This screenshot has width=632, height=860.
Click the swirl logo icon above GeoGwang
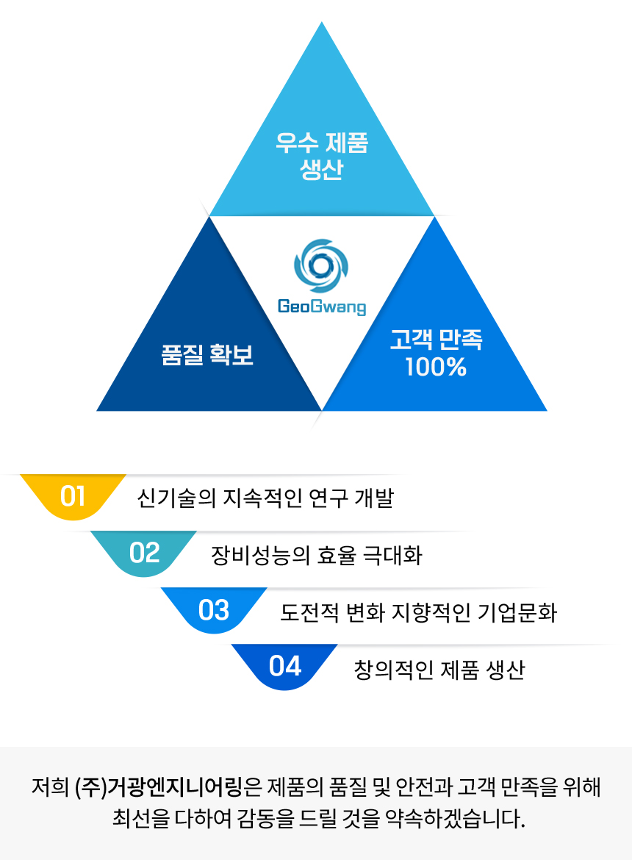click(x=321, y=265)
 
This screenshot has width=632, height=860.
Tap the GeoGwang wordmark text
click(x=321, y=306)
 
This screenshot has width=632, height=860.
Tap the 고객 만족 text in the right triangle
click(x=436, y=340)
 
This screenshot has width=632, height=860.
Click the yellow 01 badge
click(x=73, y=496)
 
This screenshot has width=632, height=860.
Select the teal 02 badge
click(x=144, y=553)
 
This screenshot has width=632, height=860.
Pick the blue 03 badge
click(x=214, y=610)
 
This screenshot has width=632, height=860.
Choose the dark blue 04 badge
click(x=285, y=666)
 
